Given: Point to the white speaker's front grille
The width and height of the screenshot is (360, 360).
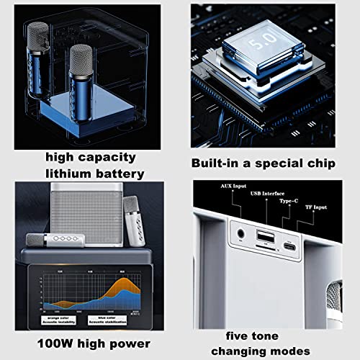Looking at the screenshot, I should point(86,216).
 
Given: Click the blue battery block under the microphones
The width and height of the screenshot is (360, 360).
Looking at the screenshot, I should point(79,112).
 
